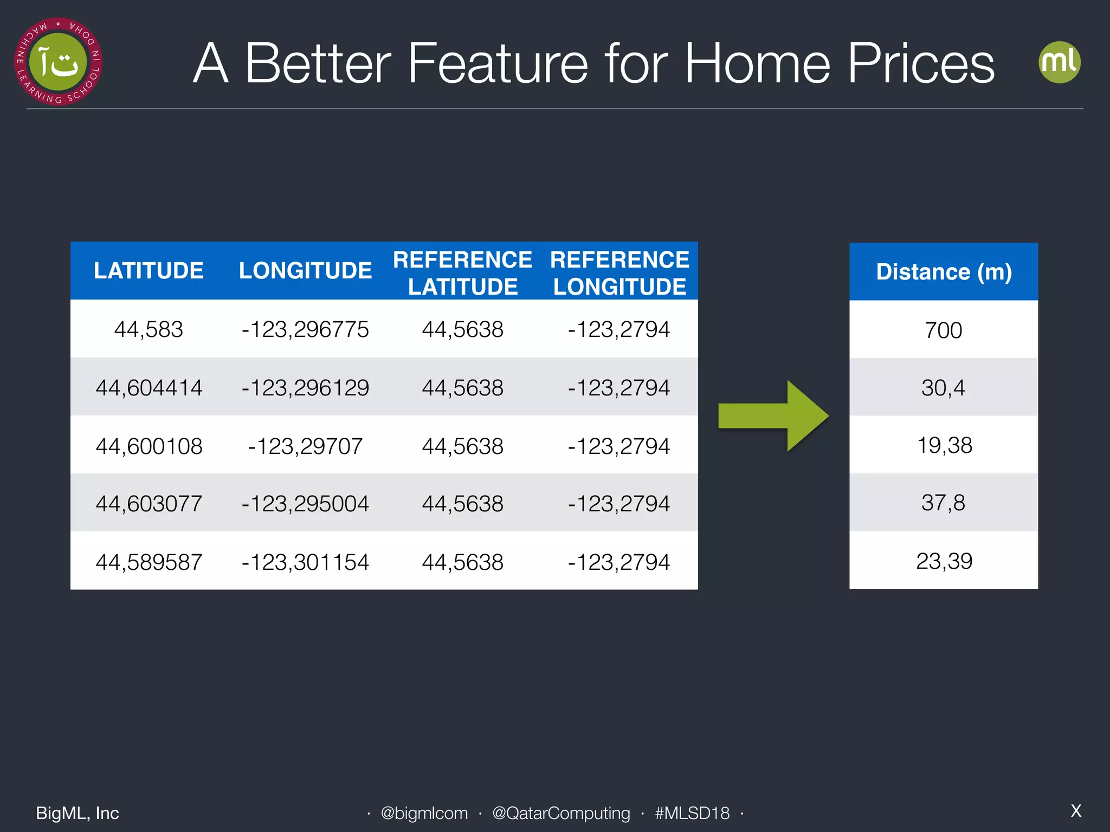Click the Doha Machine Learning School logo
pos(58,62)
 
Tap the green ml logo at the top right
pos(1059,62)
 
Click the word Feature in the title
pos(497,64)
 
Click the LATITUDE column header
pos(149,271)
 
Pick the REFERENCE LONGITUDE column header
pos(619,273)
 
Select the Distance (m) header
pos(944,272)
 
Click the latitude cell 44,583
pos(149,329)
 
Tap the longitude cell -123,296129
pos(305,388)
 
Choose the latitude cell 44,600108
pos(149,446)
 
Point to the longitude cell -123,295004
pos(305,504)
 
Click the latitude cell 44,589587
pos(149,562)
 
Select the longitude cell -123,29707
pos(305,446)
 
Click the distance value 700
pos(944,330)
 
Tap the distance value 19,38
pos(944,445)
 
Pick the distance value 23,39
pos(944,561)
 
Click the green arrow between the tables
pos(772,416)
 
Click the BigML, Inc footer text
pos(78,813)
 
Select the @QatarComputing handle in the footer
pos(561,813)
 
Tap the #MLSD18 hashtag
pos(692,813)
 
